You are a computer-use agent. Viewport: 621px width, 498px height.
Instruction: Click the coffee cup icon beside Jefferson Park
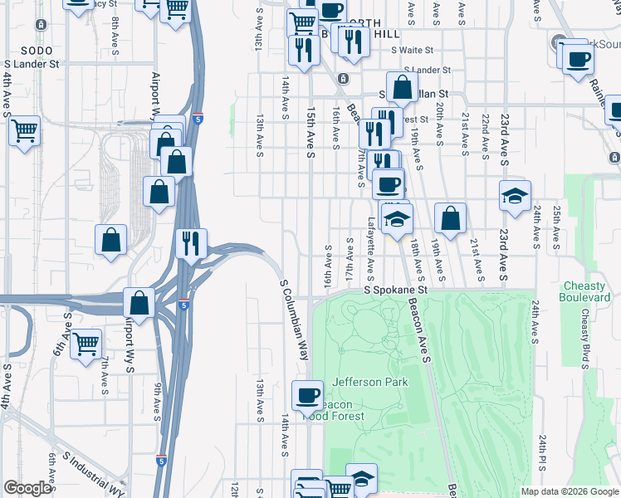pyautogui.click(x=308, y=394)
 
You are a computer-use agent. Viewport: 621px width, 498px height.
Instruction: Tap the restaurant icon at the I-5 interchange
pyautogui.click(x=192, y=242)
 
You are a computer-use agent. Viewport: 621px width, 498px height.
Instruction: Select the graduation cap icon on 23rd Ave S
pyautogui.click(x=515, y=196)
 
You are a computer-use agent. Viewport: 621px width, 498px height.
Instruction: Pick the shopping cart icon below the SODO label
pyautogui.click(x=25, y=129)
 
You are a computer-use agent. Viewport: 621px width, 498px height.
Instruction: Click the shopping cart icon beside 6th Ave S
pyautogui.click(x=86, y=343)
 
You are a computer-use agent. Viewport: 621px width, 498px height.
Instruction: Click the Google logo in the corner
pyautogui.click(x=27, y=488)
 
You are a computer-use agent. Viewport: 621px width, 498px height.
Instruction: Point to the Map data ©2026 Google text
pyautogui.click(x=569, y=491)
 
